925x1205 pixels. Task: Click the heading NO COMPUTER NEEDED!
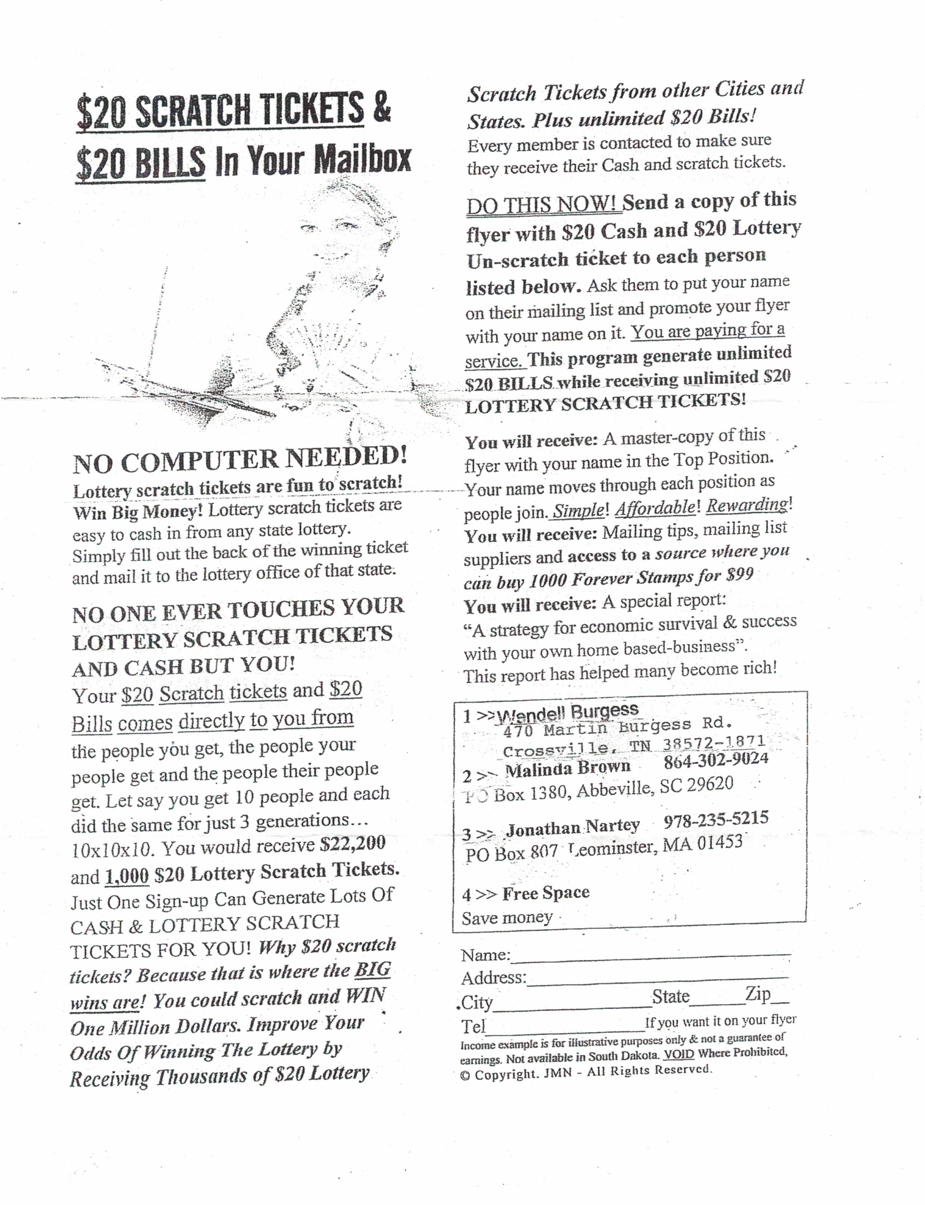coord(240,459)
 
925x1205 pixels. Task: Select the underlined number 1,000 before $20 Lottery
coord(126,875)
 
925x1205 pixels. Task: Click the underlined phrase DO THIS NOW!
coord(542,205)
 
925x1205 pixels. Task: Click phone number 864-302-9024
coord(716,761)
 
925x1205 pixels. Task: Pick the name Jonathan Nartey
coord(573,827)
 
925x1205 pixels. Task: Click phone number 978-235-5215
coord(716,820)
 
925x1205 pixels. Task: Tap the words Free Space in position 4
coord(546,892)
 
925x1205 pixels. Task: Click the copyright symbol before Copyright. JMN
coord(465,1076)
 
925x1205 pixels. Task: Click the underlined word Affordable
coord(655,507)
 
